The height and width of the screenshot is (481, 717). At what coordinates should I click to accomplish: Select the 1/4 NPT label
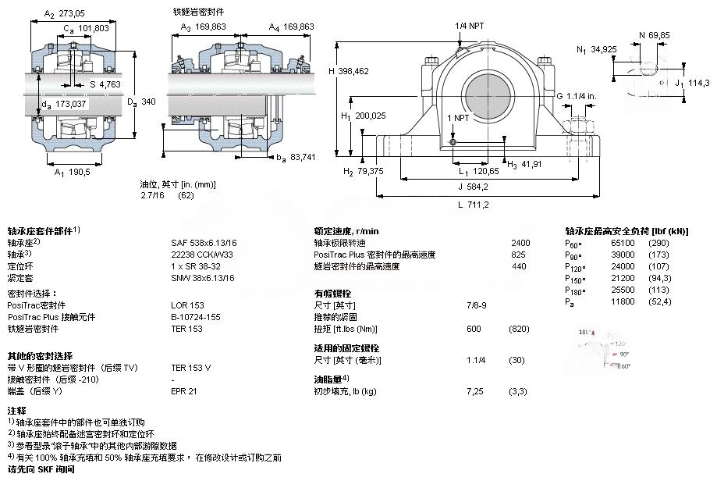click(470, 25)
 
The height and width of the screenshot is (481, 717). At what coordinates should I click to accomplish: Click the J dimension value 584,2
click(474, 187)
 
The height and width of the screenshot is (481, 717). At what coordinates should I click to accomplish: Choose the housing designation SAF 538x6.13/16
click(203, 243)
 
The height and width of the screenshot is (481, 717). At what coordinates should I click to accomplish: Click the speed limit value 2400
click(520, 243)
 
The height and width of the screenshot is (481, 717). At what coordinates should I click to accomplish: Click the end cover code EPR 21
click(184, 390)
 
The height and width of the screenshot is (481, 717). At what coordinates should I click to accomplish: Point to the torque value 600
click(474, 329)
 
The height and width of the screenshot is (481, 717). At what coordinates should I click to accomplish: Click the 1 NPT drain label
click(458, 118)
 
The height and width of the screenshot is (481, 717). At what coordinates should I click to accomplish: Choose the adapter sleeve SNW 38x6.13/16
click(203, 278)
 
